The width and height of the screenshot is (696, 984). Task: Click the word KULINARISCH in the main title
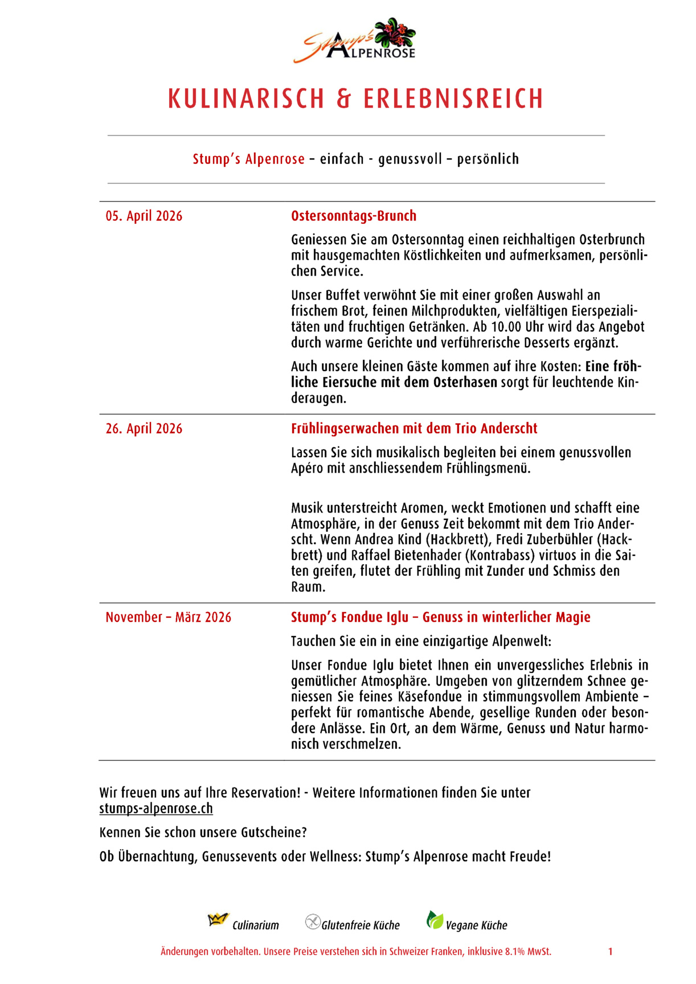point(246,99)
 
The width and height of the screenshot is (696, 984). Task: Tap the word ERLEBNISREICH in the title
point(453,99)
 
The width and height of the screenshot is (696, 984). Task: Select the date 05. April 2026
point(144,216)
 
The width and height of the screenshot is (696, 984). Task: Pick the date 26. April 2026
point(144,429)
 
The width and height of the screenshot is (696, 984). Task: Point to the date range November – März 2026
point(169,617)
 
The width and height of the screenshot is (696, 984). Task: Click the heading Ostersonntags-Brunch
point(354,216)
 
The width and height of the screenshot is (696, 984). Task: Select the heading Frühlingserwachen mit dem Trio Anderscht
point(414,429)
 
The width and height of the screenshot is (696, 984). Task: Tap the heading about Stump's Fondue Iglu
point(440,617)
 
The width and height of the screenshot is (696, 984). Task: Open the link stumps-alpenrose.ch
point(156,809)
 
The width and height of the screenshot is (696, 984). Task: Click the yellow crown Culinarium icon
point(218,920)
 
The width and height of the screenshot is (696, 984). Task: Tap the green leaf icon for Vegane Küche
point(435,920)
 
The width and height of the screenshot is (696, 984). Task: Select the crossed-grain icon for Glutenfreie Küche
point(313,921)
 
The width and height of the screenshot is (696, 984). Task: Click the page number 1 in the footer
point(610,952)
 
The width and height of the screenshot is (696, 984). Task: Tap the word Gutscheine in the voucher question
point(273,833)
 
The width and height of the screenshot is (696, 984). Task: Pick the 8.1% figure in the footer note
point(515,952)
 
